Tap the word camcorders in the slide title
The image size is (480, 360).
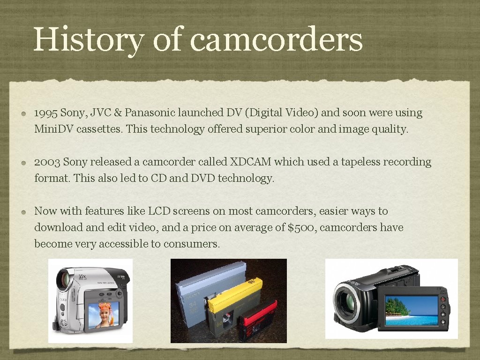pos(277,39)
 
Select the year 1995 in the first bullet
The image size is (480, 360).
pos(45,113)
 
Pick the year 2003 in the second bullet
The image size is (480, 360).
pos(47,162)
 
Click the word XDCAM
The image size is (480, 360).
pos(250,162)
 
